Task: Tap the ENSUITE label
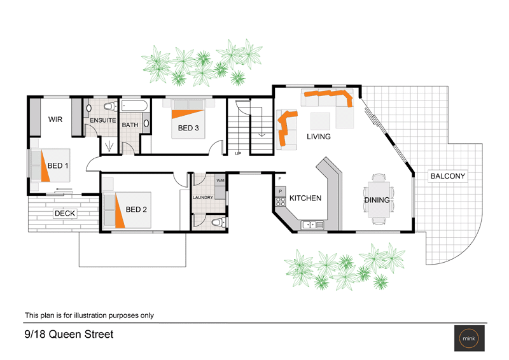pos(102,120)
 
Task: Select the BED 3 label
pos(188,128)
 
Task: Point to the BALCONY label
pos(448,176)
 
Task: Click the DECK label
pos(65,213)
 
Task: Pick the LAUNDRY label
pos(203,198)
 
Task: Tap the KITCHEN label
pos(305,198)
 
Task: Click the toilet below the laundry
pos(218,223)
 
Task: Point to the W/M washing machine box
pos(220,181)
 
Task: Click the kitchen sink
pos(312,224)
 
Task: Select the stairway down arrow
pos(261,134)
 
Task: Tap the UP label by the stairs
pos(238,153)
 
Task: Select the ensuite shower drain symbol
pos(111,146)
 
